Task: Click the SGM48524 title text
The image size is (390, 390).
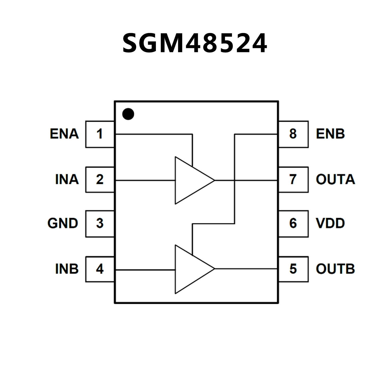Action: tap(195, 43)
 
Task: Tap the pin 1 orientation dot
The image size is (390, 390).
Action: tap(128, 114)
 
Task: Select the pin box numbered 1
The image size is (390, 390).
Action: tap(100, 134)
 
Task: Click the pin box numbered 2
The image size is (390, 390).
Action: tap(100, 179)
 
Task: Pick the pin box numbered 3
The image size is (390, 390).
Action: tap(100, 224)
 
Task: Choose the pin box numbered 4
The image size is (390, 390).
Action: tap(100, 269)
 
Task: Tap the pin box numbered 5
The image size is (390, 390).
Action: tap(293, 269)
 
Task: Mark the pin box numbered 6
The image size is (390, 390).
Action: tap(293, 224)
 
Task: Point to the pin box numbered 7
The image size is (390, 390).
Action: tap(293, 179)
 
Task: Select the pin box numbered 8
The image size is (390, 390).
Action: tap(293, 134)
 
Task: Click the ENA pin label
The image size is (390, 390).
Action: tap(64, 134)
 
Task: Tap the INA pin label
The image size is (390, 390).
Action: tap(67, 179)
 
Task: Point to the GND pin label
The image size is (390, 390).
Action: tap(63, 224)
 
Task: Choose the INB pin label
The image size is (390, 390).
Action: tap(67, 269)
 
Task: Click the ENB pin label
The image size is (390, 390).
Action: tap(330, 134)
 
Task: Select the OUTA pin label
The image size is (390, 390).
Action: tap(335, 179)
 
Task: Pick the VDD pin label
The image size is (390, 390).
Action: tap(330, 224)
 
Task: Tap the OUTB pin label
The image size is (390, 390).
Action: tap(335, 269)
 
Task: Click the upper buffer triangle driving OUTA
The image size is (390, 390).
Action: tap(189, 180)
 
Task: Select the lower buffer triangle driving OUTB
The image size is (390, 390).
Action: tap(189, 269)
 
